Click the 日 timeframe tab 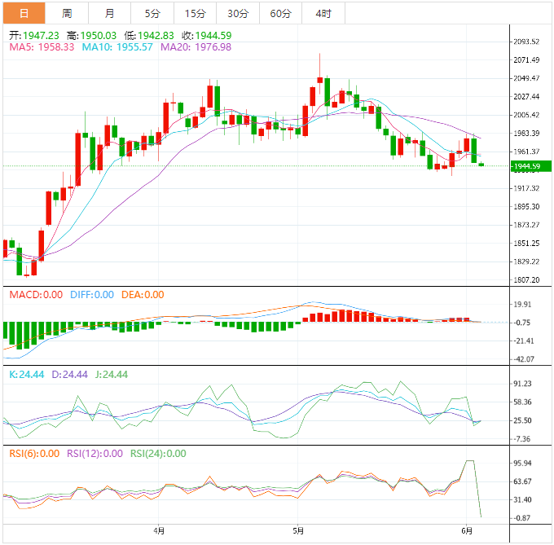tap(23, 13)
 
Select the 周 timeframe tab tap(67, 13)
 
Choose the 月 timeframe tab tap(110, 13)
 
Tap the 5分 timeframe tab tap(152, 13)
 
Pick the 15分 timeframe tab tap(196, 13)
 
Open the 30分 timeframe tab tap(238, 13)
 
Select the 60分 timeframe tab tap(280, 13)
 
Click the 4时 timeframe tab tap(323, 13)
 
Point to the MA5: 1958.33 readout tap(42, 47)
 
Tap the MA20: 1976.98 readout tap(196, 47)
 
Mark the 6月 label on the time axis tap(465, 531)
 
